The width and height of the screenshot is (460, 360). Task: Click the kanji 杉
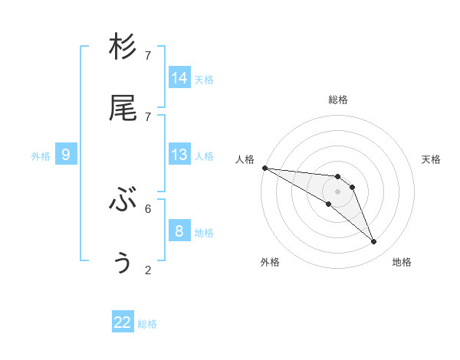pyautogui.click(x=123, y=47)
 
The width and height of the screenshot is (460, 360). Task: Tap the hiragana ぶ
pyautogui.click(x=123, y=201)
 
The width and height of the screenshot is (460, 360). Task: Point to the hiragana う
pyautogui.click(x=123, y=263)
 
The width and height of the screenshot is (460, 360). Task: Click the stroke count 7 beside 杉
pyautogui.click(x=148, y=56)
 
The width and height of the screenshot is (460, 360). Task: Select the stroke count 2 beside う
pyautogui.click(x=148, y=270)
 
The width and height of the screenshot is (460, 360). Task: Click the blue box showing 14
pyautogui.click(x=179, y=78)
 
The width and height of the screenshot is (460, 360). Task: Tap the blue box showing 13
pyautogui.click(x=179, y=155)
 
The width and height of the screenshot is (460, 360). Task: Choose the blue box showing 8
pyautogui.click(x=179, y=231)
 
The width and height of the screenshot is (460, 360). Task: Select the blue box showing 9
pyautogui.click(x=66, y=155)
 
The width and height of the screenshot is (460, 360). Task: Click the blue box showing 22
pyautogui.click(x=123, y=322)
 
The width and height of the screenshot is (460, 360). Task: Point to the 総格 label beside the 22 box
pyautogui.click(x=147, y=324)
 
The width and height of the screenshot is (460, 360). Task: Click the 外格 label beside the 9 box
pyautogui.click(x=41, y=156)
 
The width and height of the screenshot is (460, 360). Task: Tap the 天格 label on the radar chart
pyautogui.click(x=432, y=159)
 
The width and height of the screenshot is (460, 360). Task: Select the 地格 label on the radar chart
pyautogui.click(x=402, y=262)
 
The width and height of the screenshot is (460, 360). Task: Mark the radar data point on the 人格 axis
pyautogui.click(x=264, y=168)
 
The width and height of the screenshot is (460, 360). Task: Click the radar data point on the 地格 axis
pyautogui.click(x=373, y=242)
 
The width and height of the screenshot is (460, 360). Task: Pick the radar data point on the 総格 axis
pyautogui.click(x=337, y=177)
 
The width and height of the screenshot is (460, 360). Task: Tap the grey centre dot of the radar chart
pyautogui.click(x=337, y=191)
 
